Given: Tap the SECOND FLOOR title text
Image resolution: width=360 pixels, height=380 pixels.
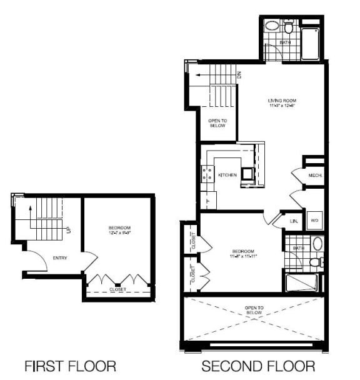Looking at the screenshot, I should [x=257, y=365].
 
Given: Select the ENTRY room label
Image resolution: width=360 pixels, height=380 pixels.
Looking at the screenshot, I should [x=60, y=258].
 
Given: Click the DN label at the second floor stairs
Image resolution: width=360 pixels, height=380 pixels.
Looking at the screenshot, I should [x=239, y=74].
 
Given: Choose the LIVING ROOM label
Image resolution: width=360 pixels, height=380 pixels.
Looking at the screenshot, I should [x=281, y=101].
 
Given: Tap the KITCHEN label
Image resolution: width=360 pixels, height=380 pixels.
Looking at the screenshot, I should [x=227, y=175].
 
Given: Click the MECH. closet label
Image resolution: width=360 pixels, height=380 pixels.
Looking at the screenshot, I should [x=315, y=176].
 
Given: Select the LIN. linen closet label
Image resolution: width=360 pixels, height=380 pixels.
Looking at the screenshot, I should [x=293, y=221].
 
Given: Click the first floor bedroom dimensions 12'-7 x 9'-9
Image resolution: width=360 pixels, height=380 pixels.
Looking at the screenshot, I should [x=119, y=233].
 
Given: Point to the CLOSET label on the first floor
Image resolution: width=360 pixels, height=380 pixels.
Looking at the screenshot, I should [x=118, y=289].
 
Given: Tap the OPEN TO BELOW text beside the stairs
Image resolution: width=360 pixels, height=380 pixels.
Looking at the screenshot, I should [x=218, y=122].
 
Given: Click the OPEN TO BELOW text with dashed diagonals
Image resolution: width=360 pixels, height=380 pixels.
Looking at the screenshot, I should [x=254, y=311].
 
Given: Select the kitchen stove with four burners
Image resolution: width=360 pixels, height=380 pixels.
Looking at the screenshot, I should [x=207, y=173].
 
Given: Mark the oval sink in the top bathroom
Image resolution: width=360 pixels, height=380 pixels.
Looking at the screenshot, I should [x=272, y=27].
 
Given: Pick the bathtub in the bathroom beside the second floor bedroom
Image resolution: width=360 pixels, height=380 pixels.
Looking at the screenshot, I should [x=301, y=283].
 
